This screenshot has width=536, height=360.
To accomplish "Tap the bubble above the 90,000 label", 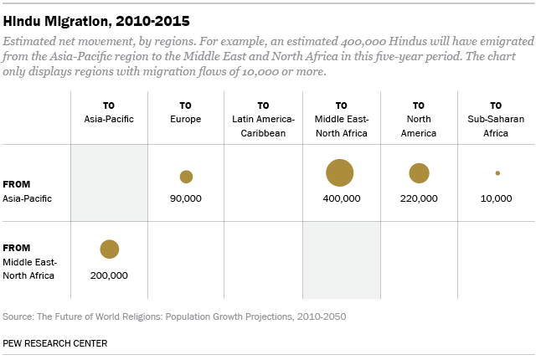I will tap(186, 177).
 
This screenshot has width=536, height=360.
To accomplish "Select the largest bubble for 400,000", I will tap(340, 172).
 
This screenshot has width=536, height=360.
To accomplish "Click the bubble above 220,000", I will tap(419, 173).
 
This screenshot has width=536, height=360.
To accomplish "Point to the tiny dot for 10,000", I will tap(497, 173).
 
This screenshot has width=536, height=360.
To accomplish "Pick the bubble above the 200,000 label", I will tap(110, 249).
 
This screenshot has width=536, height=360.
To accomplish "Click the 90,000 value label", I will tap(186, 198).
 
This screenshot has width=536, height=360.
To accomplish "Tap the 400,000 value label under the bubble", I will tap(341, 198).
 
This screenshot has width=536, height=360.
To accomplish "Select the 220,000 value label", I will tap(419, 198).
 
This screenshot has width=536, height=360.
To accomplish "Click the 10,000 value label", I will tap(497, 198).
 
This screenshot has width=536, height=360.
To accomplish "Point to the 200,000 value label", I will tap(110, 274).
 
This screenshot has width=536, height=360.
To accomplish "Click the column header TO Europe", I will tap(186, 112).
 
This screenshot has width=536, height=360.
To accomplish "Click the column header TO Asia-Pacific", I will tap(110, 112).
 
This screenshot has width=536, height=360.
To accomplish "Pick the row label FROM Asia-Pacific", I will tap(28, 191).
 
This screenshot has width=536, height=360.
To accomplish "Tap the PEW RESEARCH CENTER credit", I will tap(55, 343).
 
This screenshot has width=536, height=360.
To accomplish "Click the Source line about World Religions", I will tap(174, 316).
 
